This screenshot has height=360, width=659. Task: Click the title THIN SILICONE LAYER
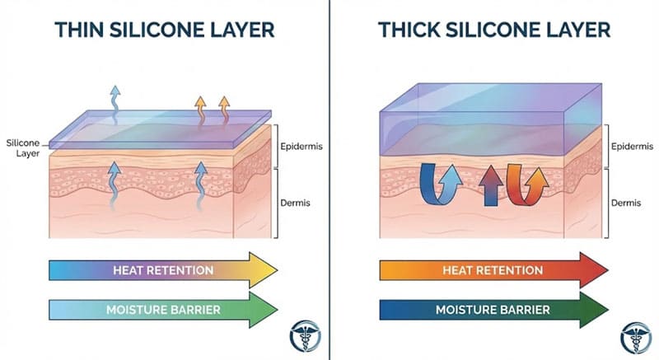[x=164, y=30]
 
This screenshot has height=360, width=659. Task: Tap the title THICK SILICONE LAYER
[x=494, y=30]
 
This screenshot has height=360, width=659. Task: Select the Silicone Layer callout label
[x=21, y=147]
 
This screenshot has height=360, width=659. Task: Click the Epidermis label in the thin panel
[x=302, y=147]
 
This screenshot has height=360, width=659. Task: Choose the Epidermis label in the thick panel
[x=631, y=147]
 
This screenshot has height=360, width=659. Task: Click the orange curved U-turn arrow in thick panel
[x=525, y=184]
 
